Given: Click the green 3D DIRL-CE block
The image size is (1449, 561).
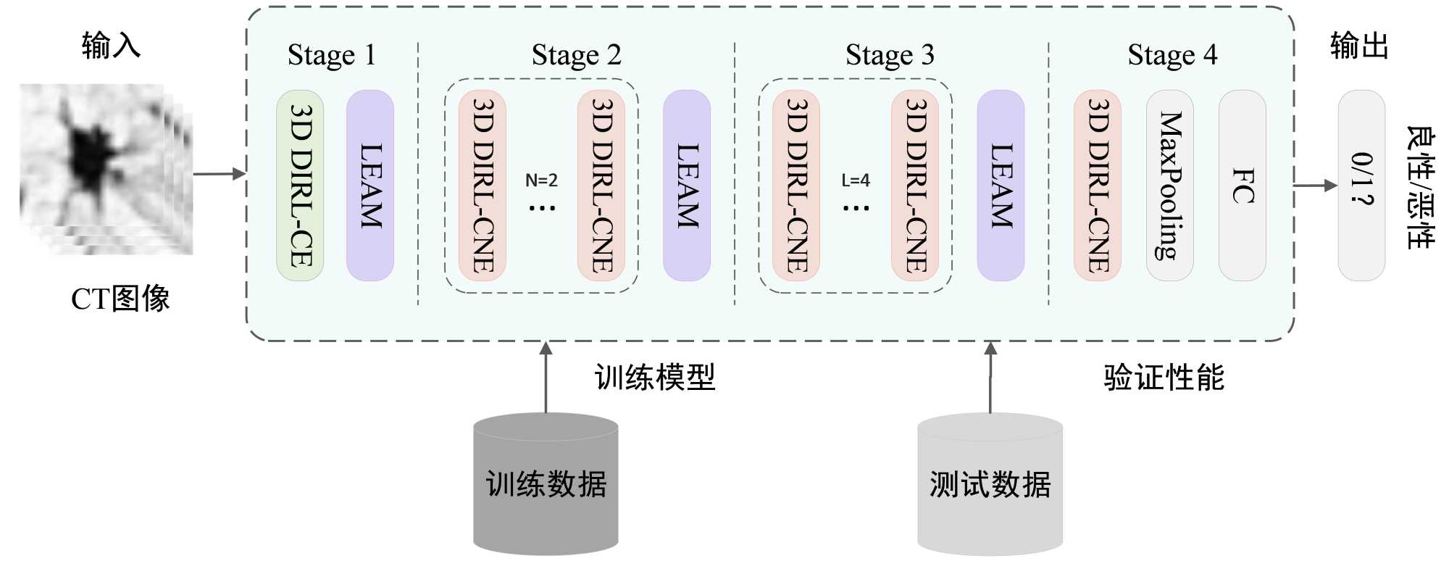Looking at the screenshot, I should click(300, 186).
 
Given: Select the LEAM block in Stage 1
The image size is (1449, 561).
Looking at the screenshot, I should click(370, 186).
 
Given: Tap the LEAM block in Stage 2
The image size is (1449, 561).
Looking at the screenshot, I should click(687, 186).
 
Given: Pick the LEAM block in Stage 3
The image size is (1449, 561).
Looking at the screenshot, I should click(1001, 186).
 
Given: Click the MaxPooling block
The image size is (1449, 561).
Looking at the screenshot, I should click(1169, 186).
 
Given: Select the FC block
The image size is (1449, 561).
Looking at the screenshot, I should click(1243, 186).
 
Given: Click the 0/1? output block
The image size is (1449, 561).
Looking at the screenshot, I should click(1361, 186).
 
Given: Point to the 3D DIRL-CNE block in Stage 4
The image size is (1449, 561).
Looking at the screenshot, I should click(1098, 186).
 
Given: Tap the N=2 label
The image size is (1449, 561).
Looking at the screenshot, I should click(541, 180).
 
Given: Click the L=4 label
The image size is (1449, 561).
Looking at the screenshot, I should click(856, 180).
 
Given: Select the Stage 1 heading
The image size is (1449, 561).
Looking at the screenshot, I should click(332, 55).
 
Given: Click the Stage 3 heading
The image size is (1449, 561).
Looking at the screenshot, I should click(890, 55).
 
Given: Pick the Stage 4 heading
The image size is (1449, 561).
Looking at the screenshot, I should click(1172, 55).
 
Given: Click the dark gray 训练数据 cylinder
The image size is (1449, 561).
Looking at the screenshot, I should click(546, 483).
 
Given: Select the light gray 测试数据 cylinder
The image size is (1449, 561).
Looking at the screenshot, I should click(990, 483).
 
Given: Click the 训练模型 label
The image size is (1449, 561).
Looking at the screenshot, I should click(655, 378).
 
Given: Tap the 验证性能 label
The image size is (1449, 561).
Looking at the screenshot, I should click(1164, 378).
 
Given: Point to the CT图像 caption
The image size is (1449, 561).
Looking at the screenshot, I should click(120, 299).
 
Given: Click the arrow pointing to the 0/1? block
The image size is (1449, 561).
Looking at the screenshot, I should click(1315, 186).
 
